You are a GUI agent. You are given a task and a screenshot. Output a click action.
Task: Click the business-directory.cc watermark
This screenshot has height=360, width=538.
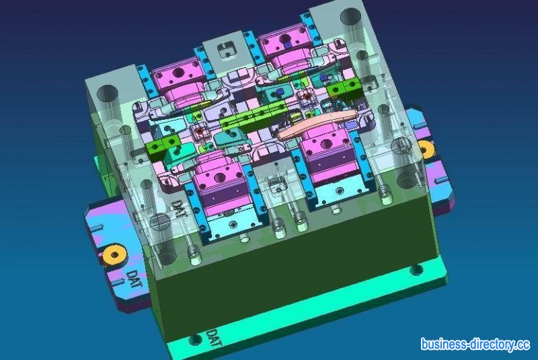[x=475, y=345]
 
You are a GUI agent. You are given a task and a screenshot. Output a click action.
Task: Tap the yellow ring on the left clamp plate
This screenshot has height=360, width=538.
[x=114, y=254]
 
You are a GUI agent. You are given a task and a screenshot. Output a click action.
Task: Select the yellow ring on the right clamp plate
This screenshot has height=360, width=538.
[x=426, y=149]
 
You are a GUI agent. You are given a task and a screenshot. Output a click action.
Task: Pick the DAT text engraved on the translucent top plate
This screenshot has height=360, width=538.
[x=179, y=209]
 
